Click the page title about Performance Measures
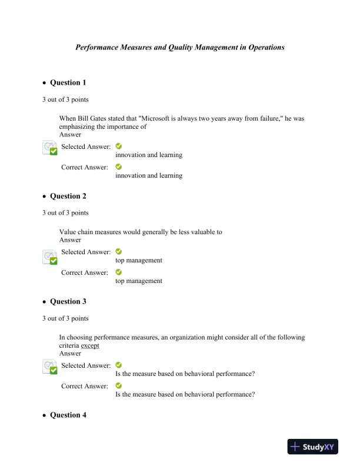[180, 47]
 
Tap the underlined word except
[90, 346]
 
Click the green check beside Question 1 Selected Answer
[119, 146]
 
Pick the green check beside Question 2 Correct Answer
[119, 272]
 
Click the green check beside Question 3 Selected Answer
[119, 365]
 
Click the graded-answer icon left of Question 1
[50, 148]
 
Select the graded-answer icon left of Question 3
[50, 367]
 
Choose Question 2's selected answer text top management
[139, 260]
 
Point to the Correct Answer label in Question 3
[85, 386]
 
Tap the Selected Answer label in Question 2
[86, 252]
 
